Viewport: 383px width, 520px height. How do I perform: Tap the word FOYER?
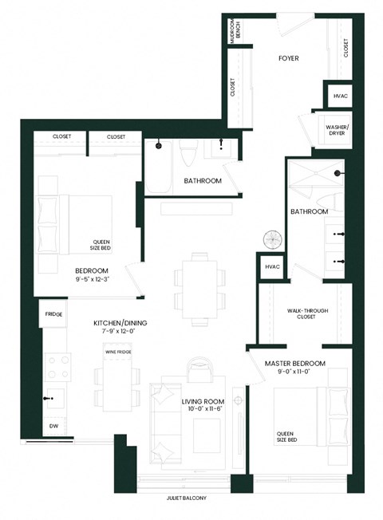point(288,58)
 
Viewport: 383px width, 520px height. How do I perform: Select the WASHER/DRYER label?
point(334,129)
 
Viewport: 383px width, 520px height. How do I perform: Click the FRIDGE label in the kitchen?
point(53,314)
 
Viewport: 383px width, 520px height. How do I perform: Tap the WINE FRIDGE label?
point(117,351)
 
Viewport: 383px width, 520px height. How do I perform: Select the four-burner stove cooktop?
point(57,366)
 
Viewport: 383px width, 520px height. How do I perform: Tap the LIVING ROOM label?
point(203,400)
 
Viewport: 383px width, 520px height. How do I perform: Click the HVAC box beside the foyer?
point(338,97)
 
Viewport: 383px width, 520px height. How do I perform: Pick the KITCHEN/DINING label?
point(120,323)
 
